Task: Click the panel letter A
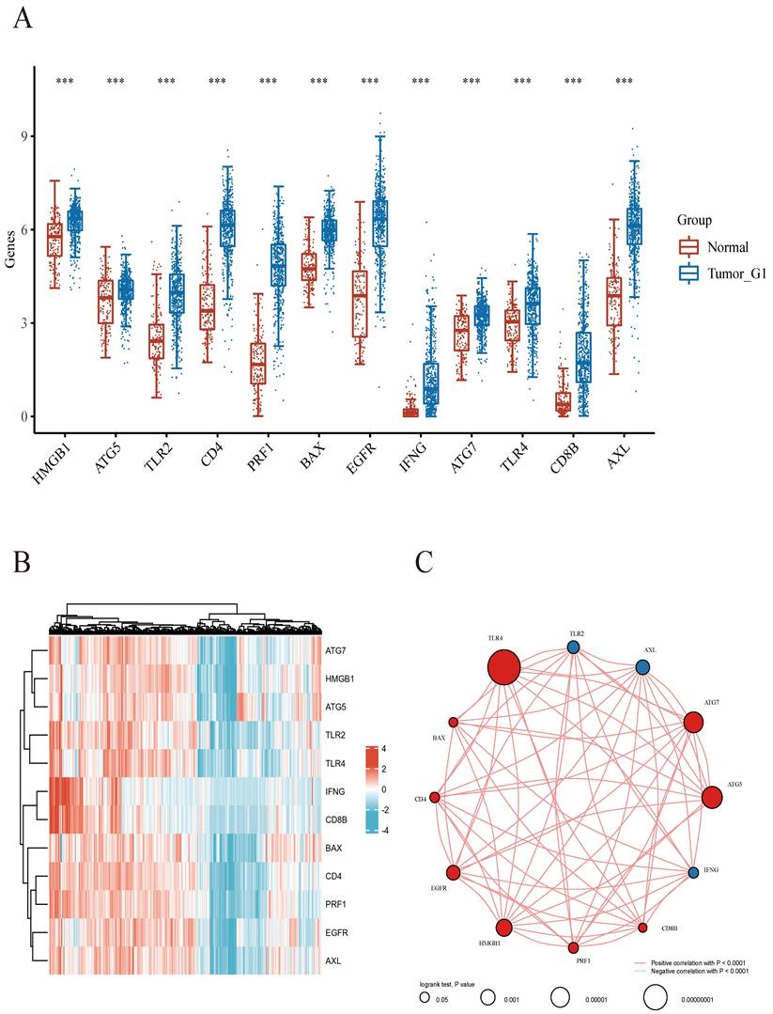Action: click(22, 20)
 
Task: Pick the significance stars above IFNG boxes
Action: click(420, 82)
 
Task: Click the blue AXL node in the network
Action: click(642, 666)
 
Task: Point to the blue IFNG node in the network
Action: click(693, 872)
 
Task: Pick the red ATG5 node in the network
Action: click(712, 797)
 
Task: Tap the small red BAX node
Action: click(454, 722)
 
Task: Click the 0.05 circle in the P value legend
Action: click(425, 997)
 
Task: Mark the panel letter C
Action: click(425, 563)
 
